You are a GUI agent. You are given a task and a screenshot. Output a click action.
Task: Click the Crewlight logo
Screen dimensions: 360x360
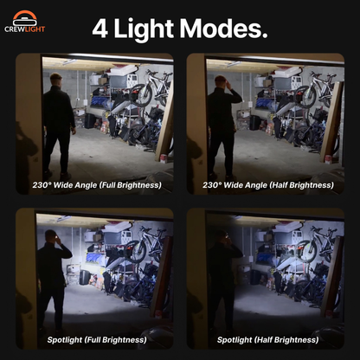24,21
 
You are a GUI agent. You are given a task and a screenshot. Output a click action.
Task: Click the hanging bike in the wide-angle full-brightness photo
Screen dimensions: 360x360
152,88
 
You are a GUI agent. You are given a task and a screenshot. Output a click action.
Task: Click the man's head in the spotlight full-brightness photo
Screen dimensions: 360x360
53,237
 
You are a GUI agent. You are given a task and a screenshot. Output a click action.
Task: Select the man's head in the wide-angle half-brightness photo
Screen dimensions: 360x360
222,82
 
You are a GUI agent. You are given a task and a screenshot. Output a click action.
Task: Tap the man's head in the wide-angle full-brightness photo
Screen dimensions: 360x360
56,81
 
